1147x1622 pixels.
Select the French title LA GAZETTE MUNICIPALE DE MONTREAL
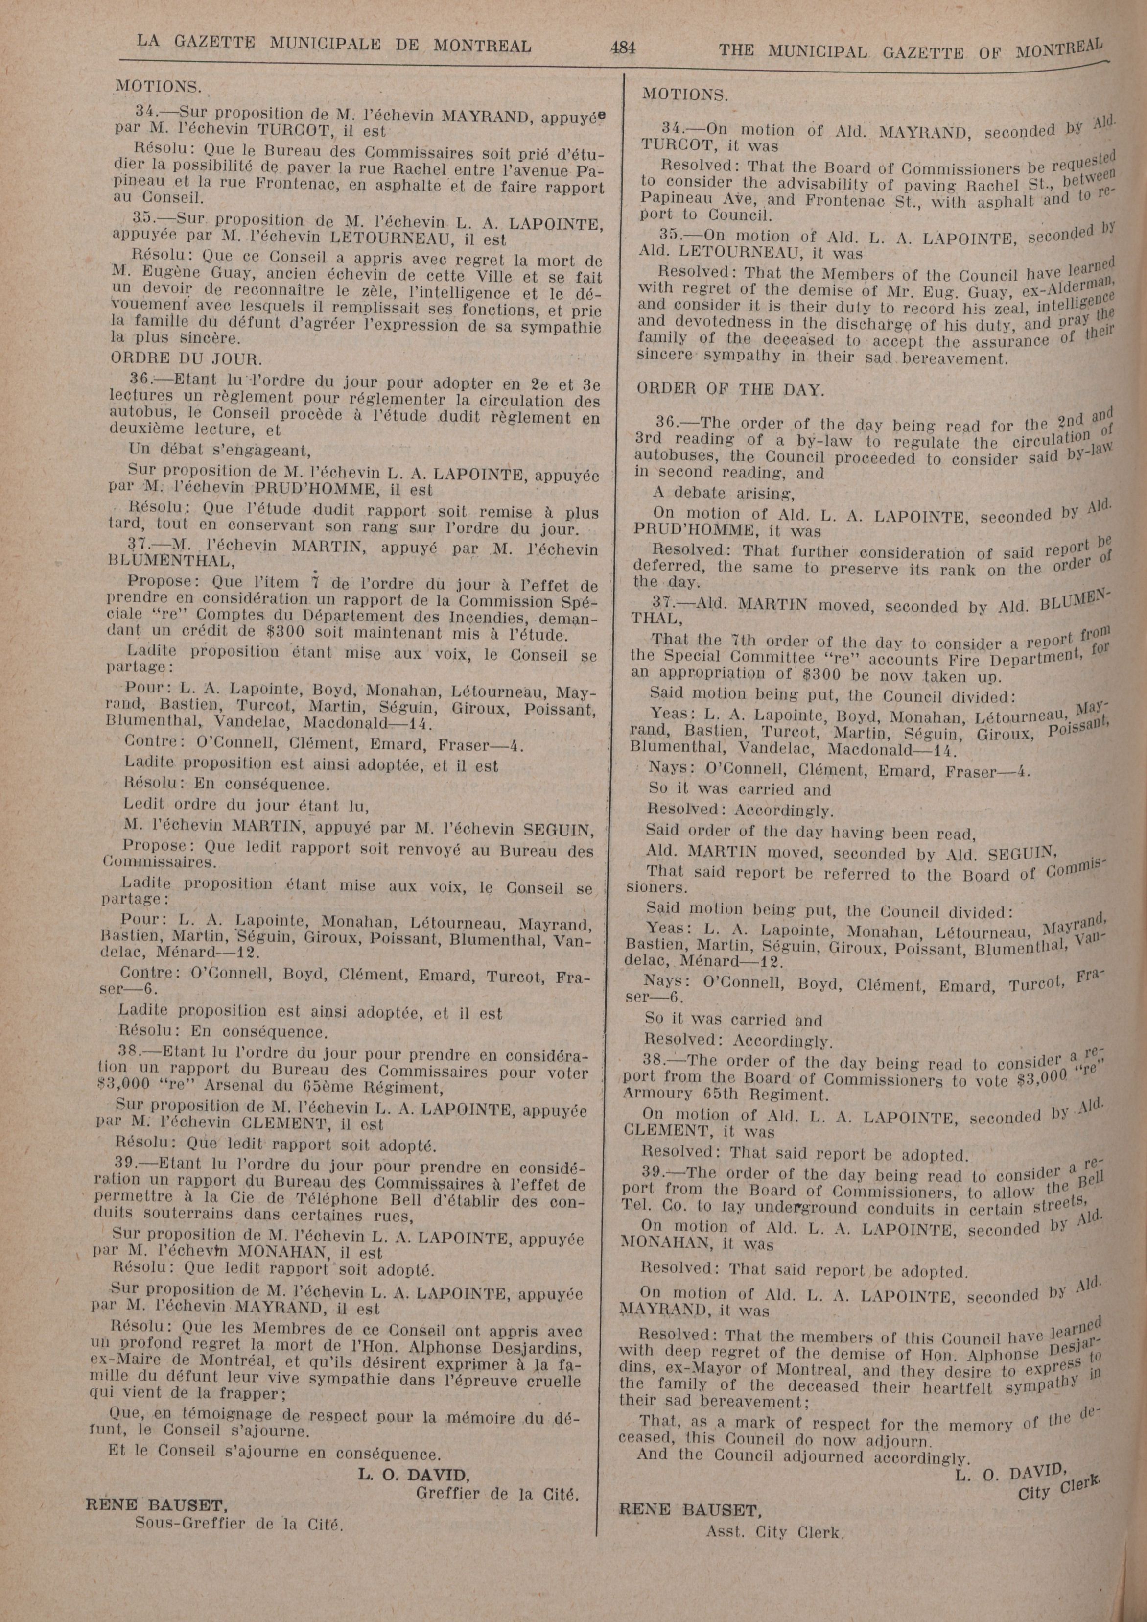pos(333,45)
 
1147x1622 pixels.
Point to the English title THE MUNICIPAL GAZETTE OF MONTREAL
pos(910,51)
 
